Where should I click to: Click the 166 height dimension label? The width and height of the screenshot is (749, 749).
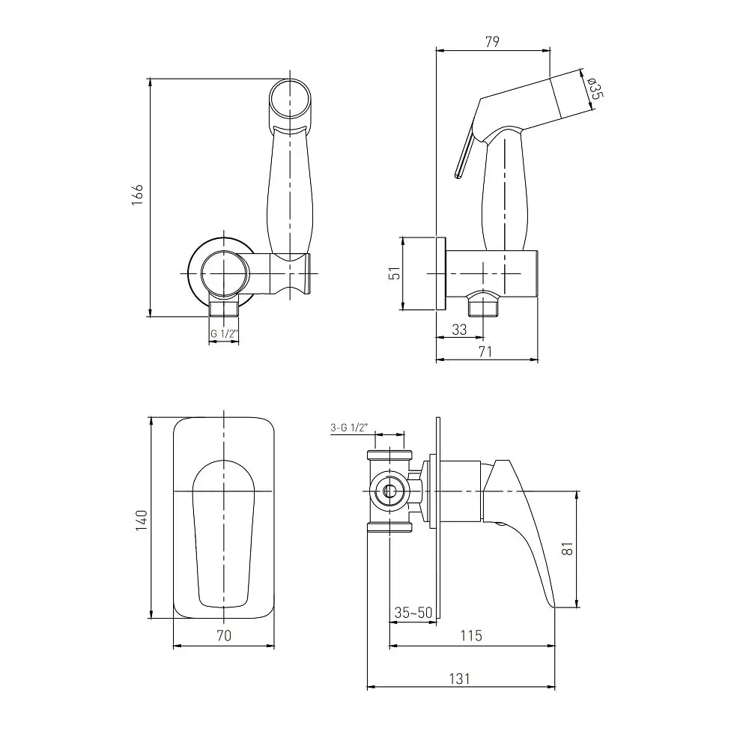[138, 195]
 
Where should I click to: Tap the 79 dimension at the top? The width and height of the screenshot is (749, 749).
[492, 41]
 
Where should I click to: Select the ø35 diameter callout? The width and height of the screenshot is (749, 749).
[595, 88]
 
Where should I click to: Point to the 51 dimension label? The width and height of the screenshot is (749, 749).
[395, 273]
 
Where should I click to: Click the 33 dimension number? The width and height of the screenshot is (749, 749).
[459, 330]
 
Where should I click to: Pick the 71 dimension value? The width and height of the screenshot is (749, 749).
[485, 351]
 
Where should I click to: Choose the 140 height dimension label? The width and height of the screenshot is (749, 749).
[142, 521]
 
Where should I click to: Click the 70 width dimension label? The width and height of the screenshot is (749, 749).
[224, 635]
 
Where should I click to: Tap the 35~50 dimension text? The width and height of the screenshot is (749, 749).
[413, 613]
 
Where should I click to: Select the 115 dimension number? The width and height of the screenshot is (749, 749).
[471, 635]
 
